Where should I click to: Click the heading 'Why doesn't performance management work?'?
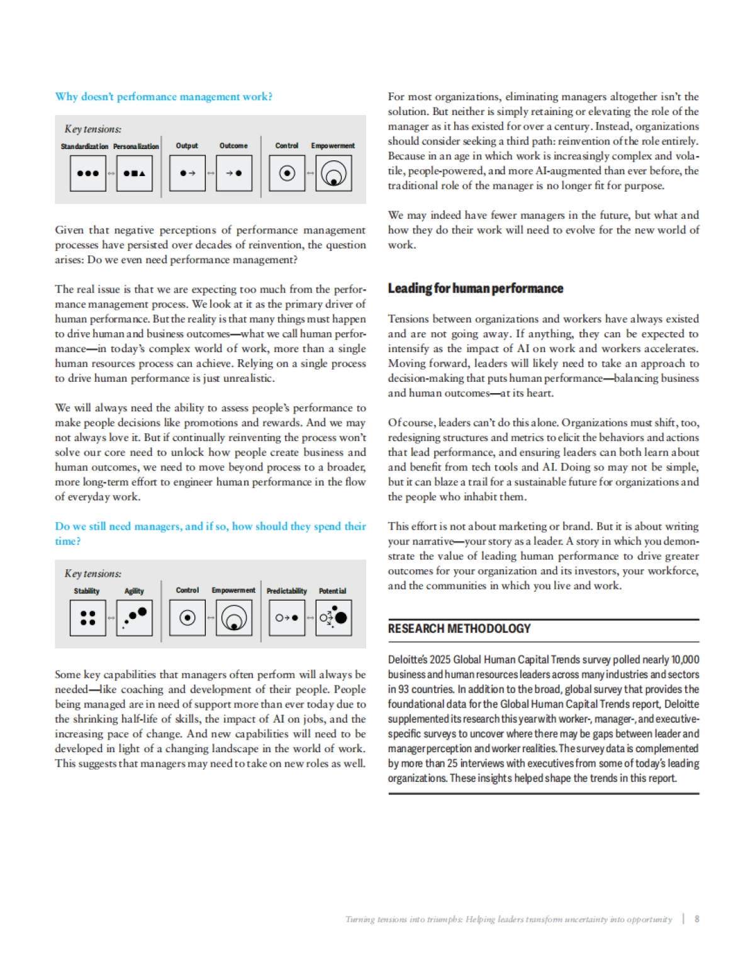click(x=164, y=97)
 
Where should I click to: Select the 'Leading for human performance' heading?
click(x=475, y=289)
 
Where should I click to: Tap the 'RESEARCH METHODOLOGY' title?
click(x=459, y=628)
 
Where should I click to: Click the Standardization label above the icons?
click(x=84, y=147)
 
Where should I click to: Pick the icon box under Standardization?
click(x=87, y=173)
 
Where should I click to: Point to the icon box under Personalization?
click(x=134, y=173)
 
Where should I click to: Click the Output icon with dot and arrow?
click(x=187, y=173)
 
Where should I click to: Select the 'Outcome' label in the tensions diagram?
click(x=233, y=146)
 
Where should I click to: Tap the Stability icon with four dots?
click(x=88, y=618)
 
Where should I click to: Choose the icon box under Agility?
click(x=134, y=618)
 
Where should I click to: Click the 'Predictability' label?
click(x=287, y=591)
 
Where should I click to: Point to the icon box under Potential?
click(x=333, y=618)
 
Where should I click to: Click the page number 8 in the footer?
click(x=696, y=919)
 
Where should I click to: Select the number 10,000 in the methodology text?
click(x=685, y=660)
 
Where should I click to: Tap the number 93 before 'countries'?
click(x=403, y=689)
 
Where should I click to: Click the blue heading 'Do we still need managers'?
click(x=210, y=527)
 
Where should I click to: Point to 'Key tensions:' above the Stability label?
click(x=93, y=574)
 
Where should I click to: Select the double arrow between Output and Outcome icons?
click(x=211, y=173)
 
